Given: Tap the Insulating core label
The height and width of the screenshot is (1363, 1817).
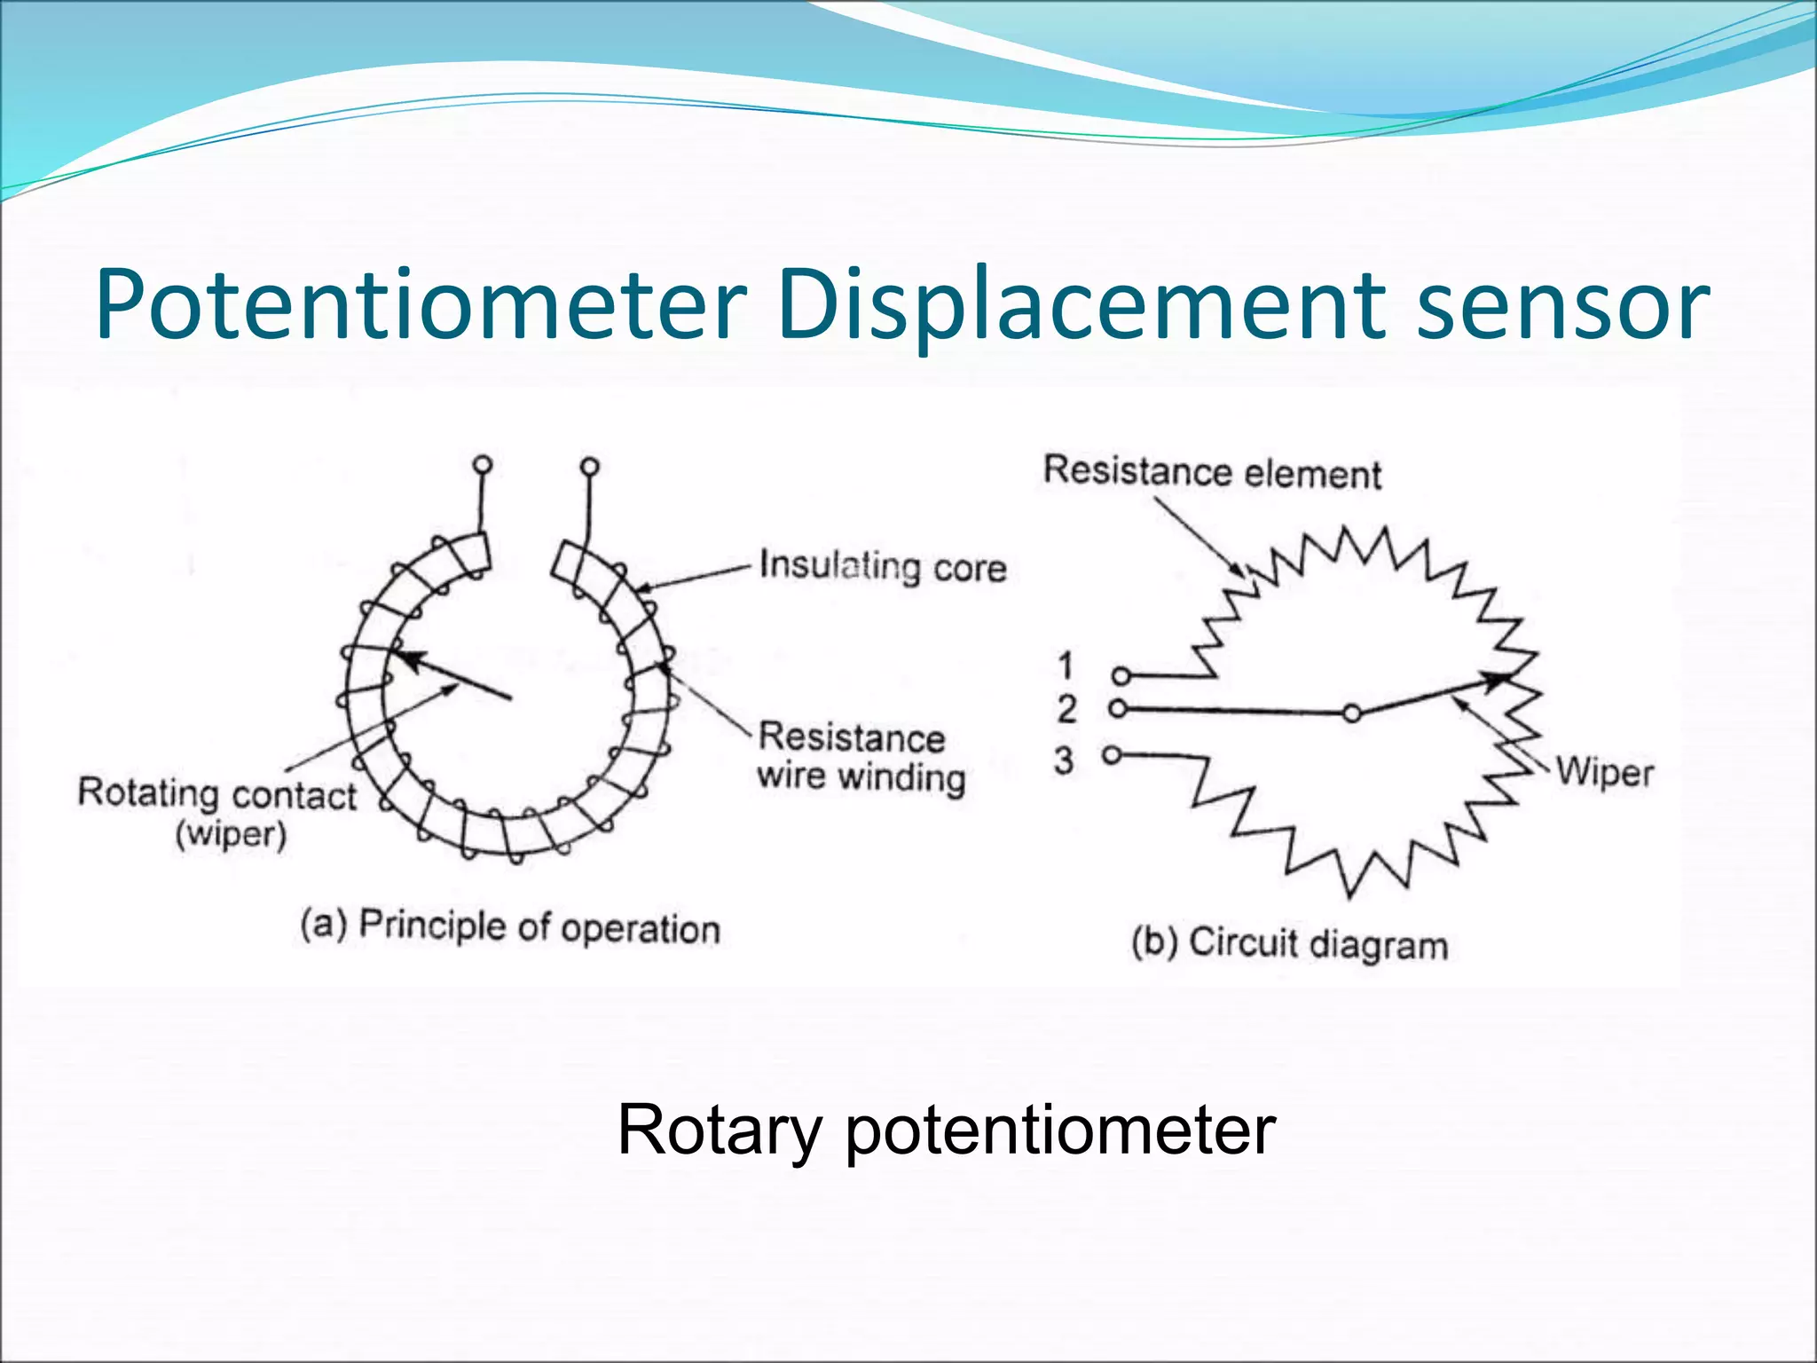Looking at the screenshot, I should coord(883,566).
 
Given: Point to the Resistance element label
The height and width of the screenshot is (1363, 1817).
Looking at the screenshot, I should coord(1212,472).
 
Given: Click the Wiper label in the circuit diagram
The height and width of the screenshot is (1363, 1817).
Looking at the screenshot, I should coord(1604,772).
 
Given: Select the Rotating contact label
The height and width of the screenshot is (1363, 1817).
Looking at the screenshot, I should coord(216,794).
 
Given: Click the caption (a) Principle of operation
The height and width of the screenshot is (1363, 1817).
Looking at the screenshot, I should coord(510,927).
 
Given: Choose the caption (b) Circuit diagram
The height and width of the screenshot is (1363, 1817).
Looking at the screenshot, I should coord(1289,942).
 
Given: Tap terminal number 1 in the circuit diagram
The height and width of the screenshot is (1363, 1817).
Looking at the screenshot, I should coord(1066,666).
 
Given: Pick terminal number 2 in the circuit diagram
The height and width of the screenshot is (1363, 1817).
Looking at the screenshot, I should coord(1066,710).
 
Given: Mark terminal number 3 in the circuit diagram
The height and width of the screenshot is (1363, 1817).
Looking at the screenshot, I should coord(1064,760).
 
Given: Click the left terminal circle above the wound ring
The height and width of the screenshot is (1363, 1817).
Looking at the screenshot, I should coord(483,464).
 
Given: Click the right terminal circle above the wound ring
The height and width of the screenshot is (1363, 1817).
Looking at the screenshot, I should coord(589,466).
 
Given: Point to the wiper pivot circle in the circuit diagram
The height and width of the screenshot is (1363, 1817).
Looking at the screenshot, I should coord(1351,713).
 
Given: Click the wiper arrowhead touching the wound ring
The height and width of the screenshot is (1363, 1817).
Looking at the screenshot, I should coord(404,658).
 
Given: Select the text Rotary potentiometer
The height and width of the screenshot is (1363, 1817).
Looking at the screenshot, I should coord(946,1130).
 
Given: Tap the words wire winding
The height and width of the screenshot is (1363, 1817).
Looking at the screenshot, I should coord(861,777).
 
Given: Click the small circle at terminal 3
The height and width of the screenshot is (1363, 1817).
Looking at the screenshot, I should coord(1111,755).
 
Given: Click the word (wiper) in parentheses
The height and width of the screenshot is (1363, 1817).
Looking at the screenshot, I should coord(231,836).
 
